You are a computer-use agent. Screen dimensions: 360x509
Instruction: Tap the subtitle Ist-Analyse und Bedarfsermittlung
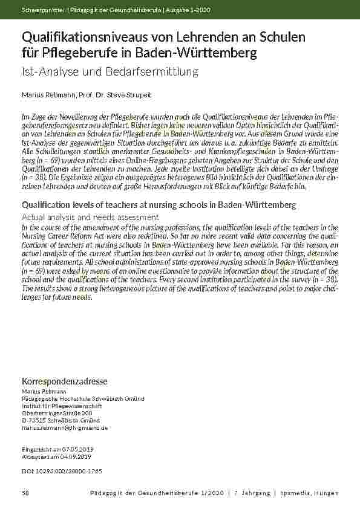click(x=111, y=72)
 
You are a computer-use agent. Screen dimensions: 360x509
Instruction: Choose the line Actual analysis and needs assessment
click(x=91, y=216)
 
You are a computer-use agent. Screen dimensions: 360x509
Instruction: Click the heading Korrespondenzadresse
click(x=65, y=381)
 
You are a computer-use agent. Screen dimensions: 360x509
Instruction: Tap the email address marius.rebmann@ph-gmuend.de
click(x=65, y=427)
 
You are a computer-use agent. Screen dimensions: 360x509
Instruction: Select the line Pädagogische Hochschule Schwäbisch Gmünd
click(x=83, y=398)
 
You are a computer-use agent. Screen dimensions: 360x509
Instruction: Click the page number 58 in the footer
click(x=25, y=493)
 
